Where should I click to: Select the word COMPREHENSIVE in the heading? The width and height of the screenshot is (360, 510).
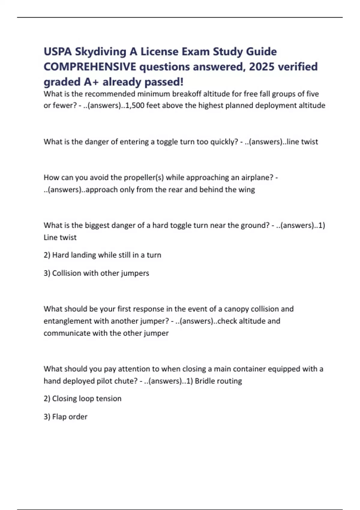90,67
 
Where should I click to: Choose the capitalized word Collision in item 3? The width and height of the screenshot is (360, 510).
67,273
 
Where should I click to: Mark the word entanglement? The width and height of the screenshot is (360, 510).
68,321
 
